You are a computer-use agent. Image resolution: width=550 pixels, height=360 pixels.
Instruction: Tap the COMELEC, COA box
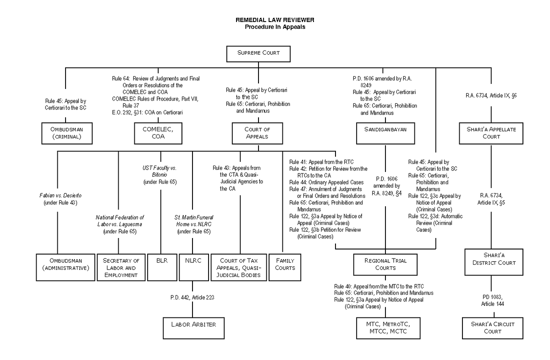(157, 133)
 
